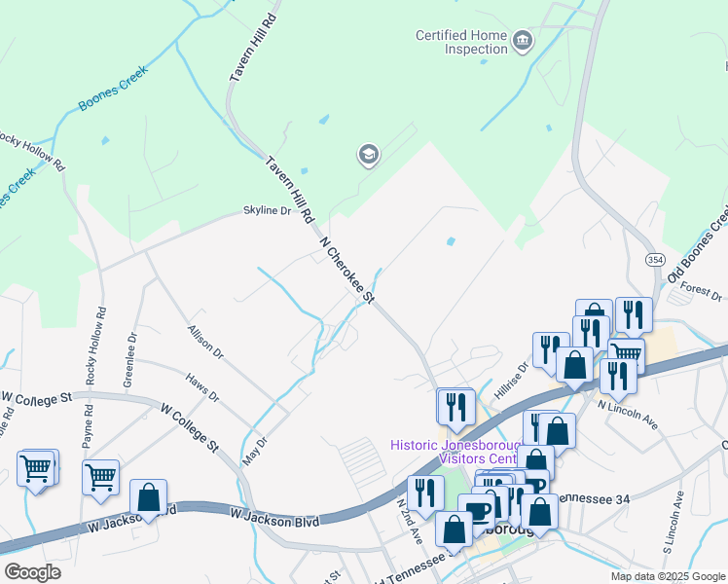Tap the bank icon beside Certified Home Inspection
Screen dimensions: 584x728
click(524, 40)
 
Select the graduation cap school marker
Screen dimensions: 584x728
click(368, 155)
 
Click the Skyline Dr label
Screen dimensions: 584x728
click(267, 210)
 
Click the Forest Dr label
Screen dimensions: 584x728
click(701, 292)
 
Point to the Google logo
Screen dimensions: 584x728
click(31, 572)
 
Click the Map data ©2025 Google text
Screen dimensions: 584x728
click(668, 576)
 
